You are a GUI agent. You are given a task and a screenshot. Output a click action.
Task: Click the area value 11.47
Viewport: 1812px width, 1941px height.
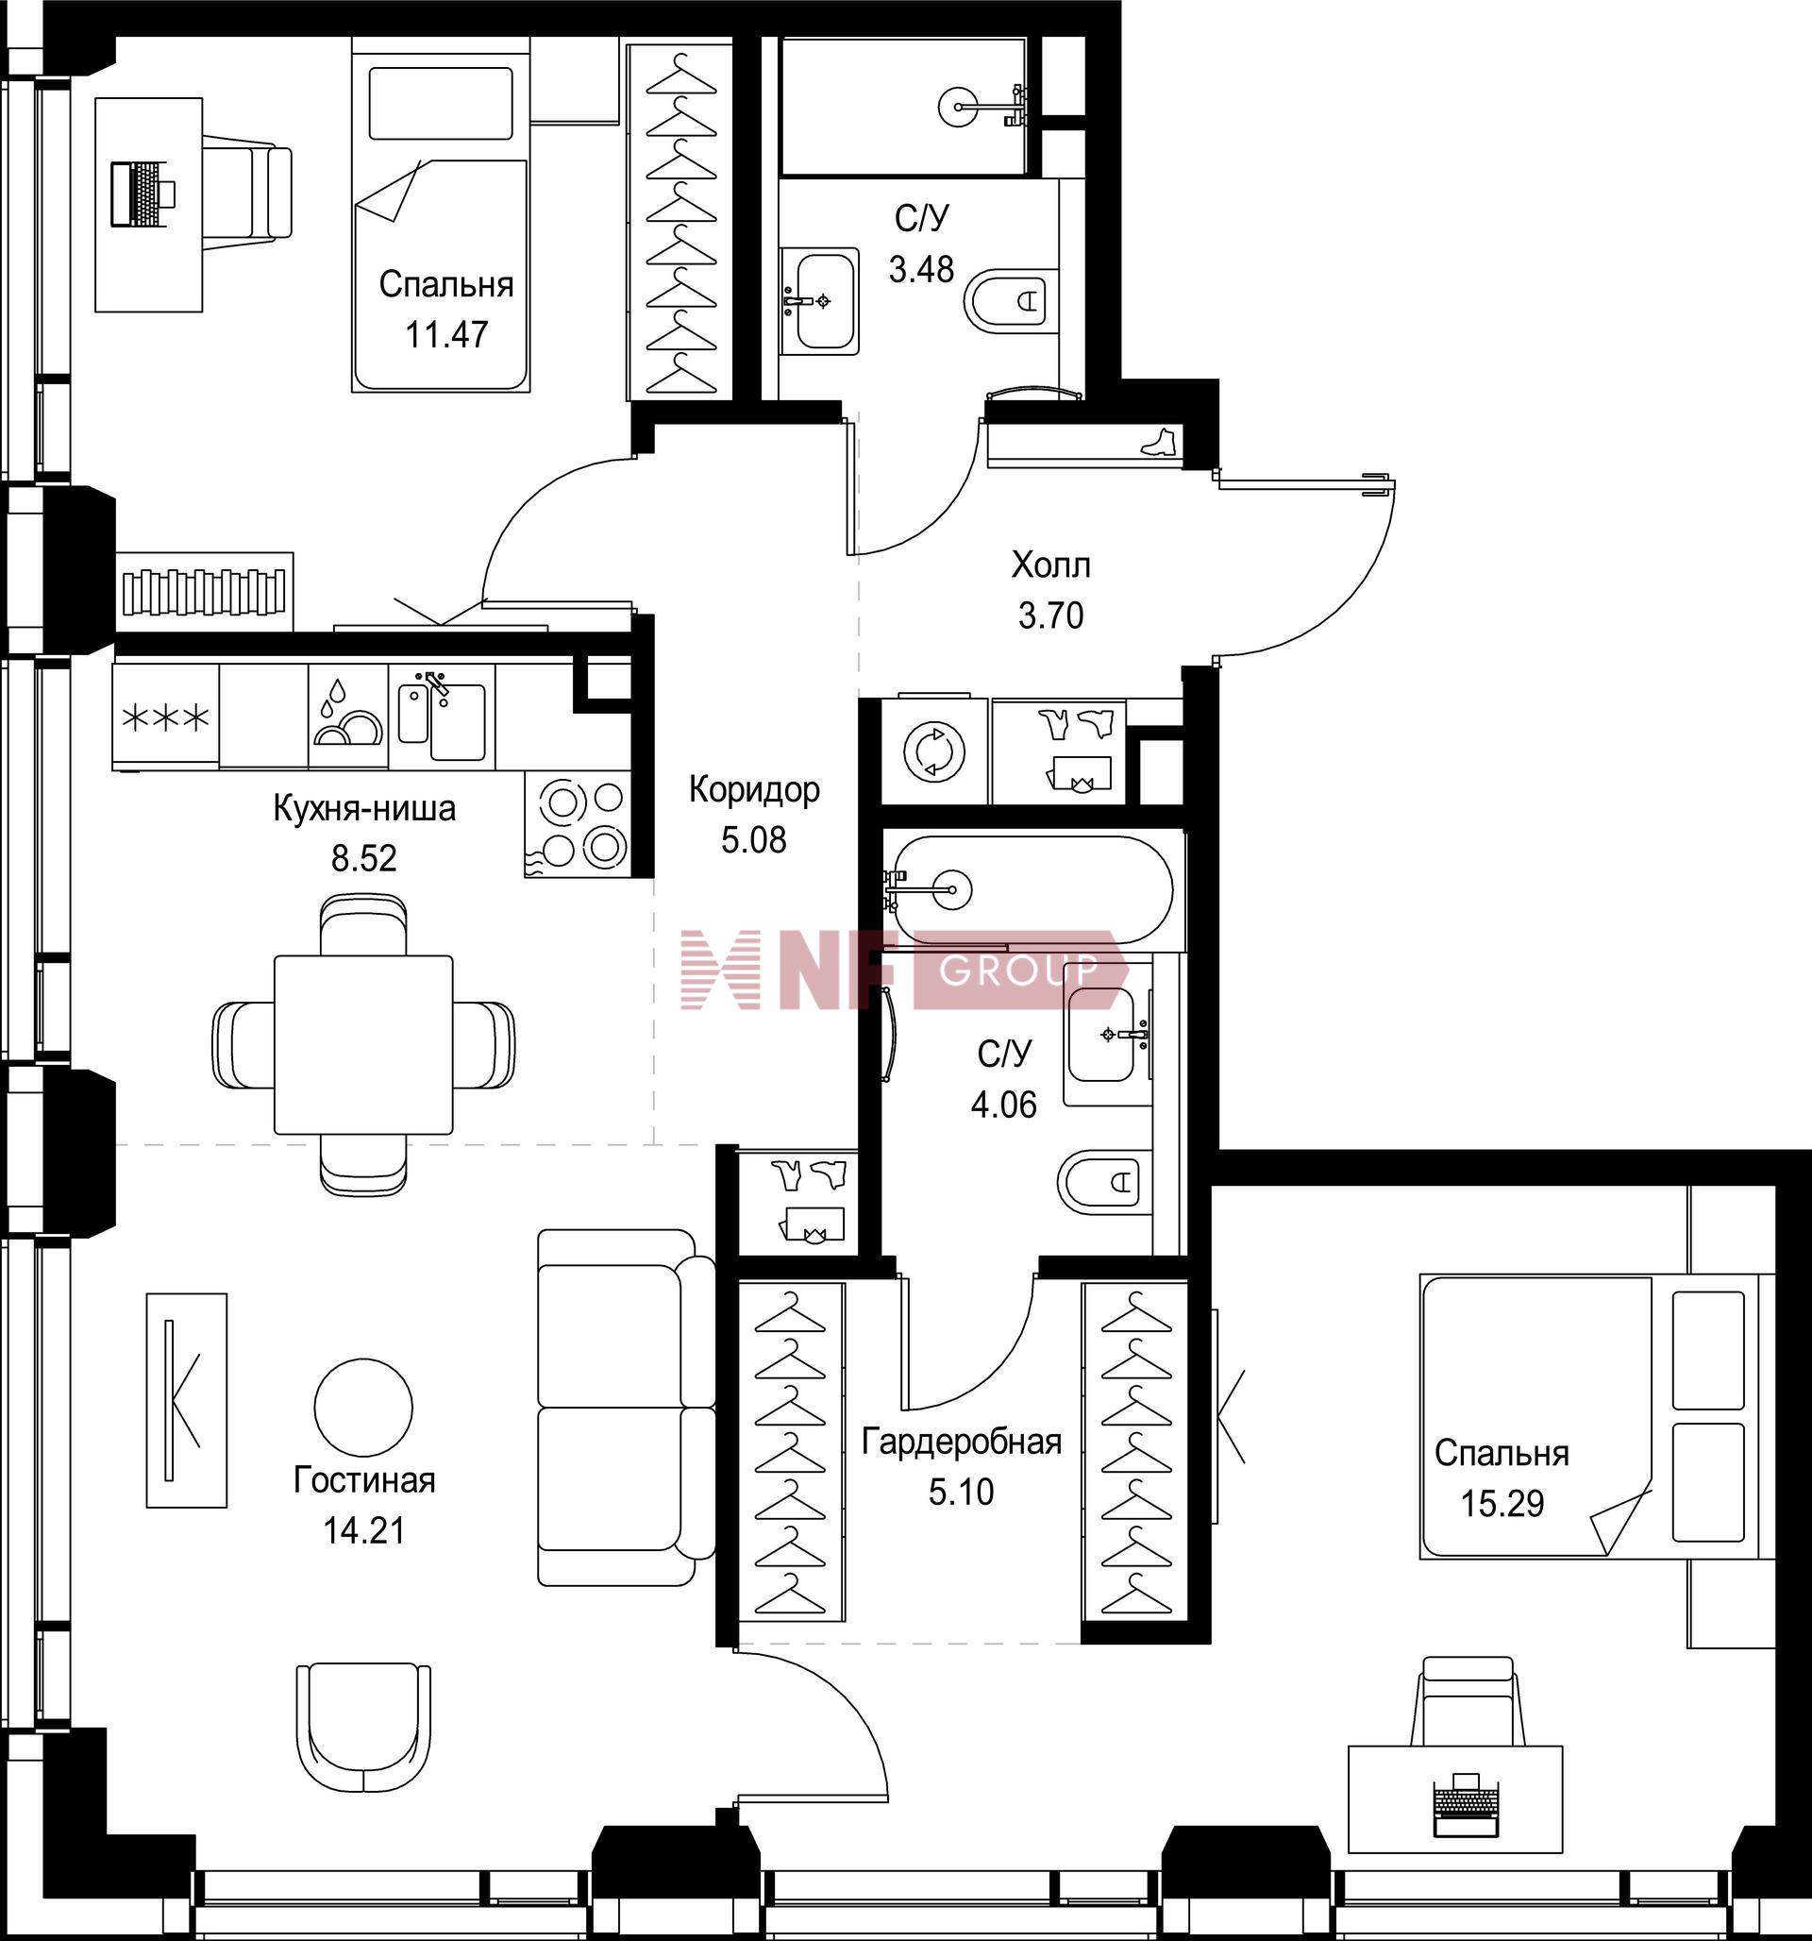pyautogui.click(x=446, y=335)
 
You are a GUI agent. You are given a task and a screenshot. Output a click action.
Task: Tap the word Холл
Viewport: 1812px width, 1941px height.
pyautogui.click(x=1050, y=565)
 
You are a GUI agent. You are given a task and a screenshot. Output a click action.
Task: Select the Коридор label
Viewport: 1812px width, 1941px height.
pyautogui.click(x=754, y=789)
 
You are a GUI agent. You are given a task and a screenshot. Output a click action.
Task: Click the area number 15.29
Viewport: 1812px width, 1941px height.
pyautogui.click(x=1502, y=1503)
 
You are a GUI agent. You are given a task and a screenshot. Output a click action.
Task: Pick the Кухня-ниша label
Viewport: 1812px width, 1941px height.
pyautogui.click(x=364, y=808)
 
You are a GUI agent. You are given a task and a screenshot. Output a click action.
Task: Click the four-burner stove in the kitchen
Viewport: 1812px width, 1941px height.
pyautogui.click(x=577, y=824)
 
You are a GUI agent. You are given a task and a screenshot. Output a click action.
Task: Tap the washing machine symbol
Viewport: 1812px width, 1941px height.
pyautogui.click(x=934, y=752)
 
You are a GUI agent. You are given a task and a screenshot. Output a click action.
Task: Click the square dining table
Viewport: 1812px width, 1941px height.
pyautogui.click(x=363, y=1045)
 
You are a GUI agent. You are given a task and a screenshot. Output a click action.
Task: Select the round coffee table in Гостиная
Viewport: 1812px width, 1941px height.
pyautogui.click(x=363, y=1406)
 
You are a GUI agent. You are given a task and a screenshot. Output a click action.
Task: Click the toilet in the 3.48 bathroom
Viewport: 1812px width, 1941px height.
pyautogui.click(x=1012, y=301)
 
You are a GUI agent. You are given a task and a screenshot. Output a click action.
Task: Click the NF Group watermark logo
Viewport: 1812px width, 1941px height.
pyautogui.click(x=904, y=970)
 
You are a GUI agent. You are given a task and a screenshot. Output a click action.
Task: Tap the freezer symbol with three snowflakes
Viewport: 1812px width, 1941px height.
pyautogui.click(x=165, y=718)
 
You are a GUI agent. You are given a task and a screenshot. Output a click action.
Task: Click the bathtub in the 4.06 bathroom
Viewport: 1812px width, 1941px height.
pyautogui.click(x=1032, y=889)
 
